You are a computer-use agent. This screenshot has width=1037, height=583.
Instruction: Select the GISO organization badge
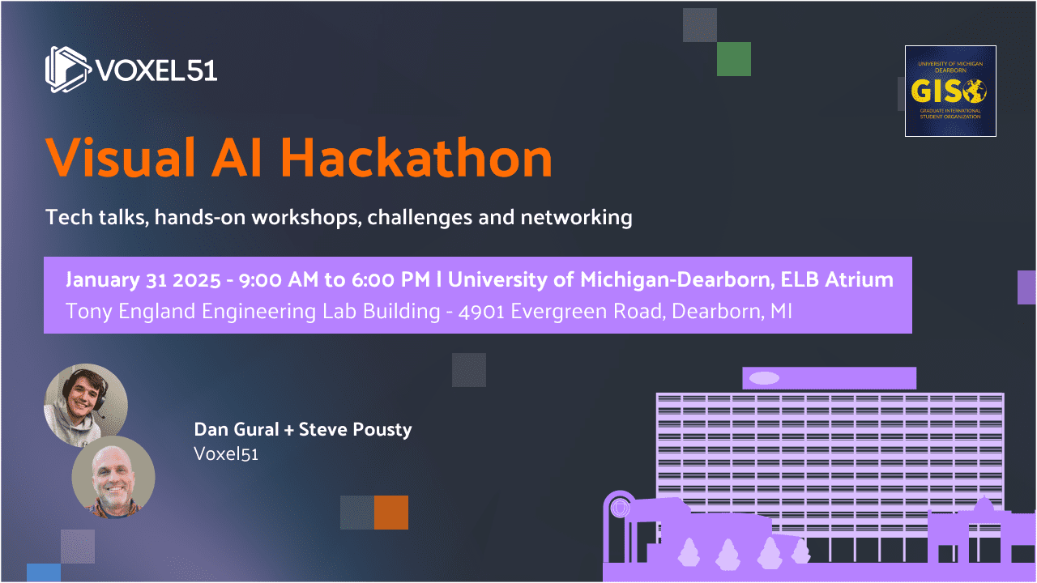coord(950,91)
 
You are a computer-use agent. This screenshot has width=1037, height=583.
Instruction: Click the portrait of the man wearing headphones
coord(86,405)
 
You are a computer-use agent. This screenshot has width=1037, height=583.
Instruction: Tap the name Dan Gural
coord(236,429)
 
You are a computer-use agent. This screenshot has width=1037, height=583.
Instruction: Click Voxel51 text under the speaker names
coord(226,453)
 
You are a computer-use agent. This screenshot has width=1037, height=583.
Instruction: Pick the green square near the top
coord(734,59)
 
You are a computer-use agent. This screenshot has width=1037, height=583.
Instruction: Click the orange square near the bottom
coord(391,513)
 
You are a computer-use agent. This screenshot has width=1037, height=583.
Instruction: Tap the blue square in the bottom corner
coord(44,572)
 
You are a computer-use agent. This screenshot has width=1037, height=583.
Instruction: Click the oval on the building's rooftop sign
coord(764,378)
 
